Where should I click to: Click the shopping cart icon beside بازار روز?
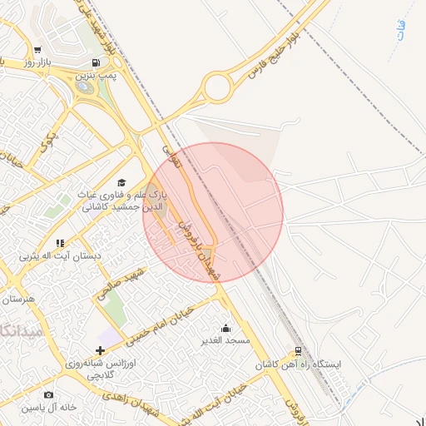click(37, 51)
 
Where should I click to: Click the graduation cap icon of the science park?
click(121, 182)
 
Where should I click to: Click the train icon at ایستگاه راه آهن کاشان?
click(298, 351)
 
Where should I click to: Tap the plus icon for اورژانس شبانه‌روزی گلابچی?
click(101, 350)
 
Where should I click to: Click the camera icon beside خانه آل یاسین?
click(48, 394)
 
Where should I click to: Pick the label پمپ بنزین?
click(97, 76)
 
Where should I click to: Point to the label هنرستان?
click(16, 298)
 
